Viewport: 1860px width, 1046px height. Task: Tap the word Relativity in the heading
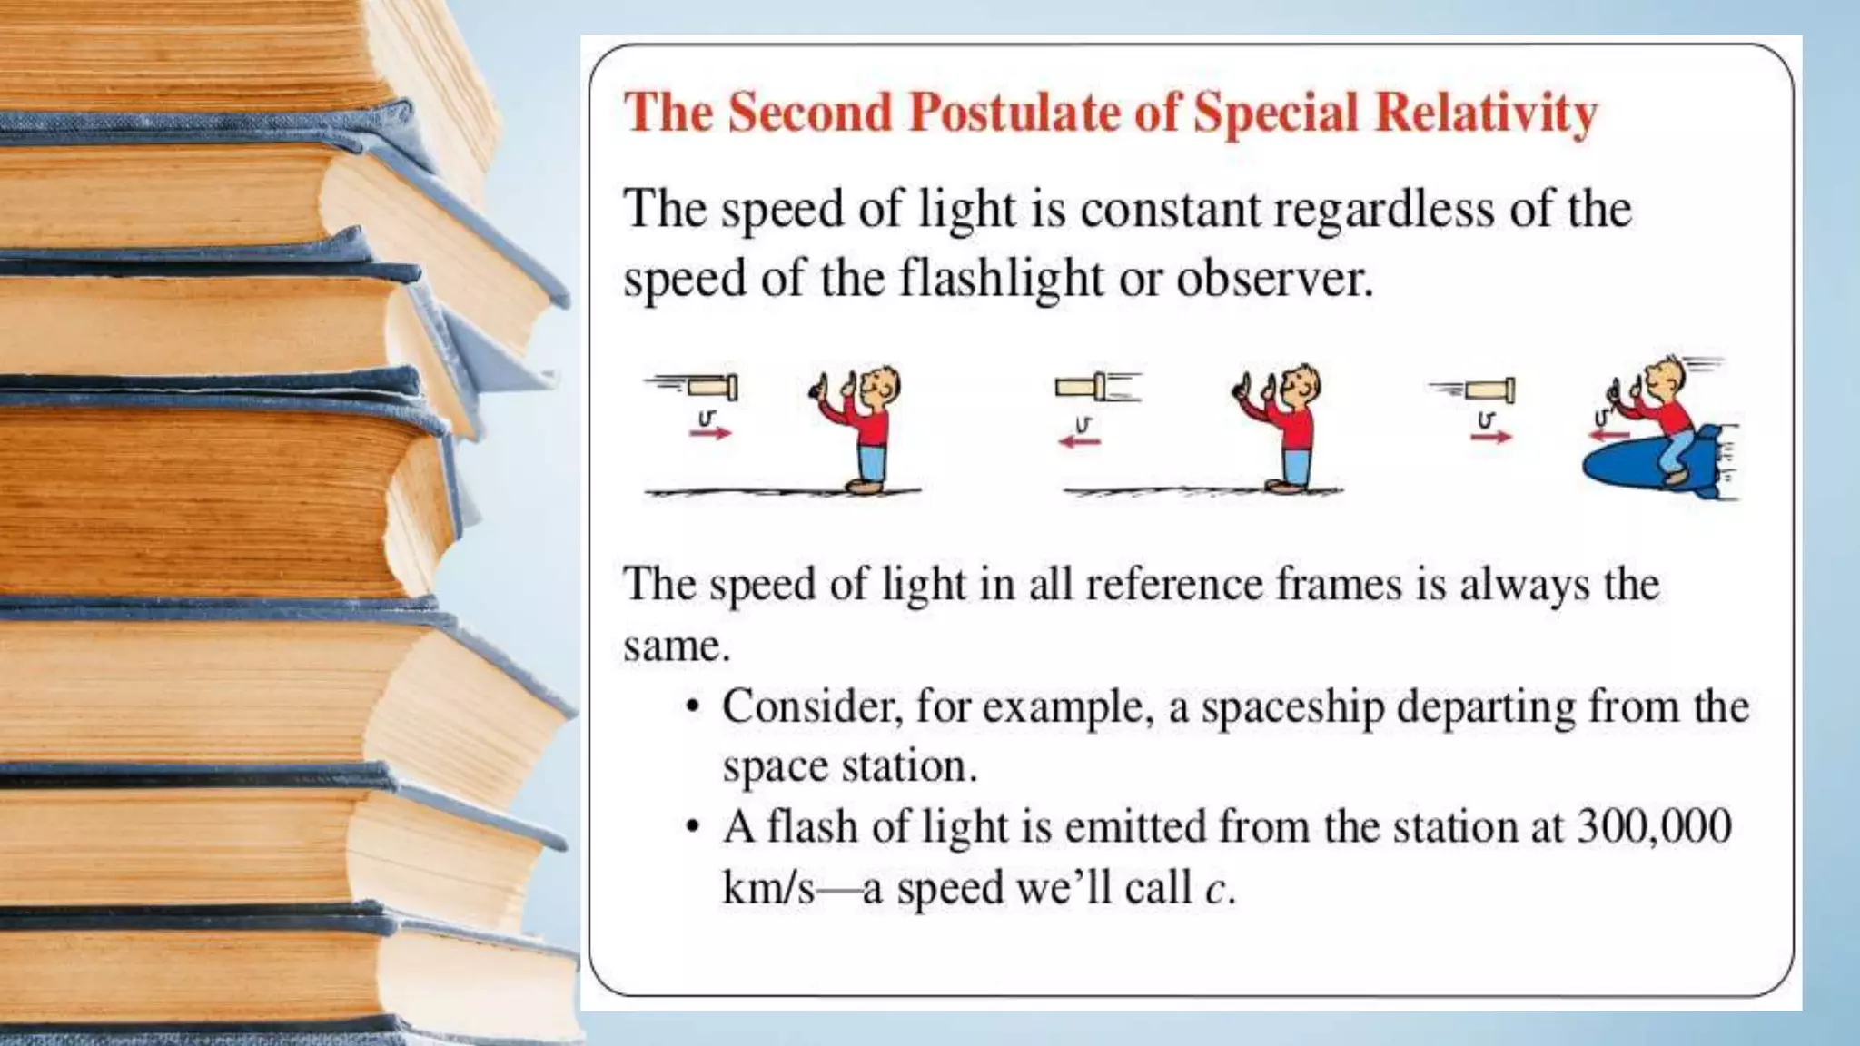click(x=1486, y=114)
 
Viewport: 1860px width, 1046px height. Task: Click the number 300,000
click(x=1654, y=826)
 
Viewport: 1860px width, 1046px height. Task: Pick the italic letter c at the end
click(x=1215, y=888)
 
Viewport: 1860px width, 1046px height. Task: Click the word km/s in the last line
click(x=767, y=887)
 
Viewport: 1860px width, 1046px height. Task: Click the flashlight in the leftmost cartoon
click(x=712, y=388)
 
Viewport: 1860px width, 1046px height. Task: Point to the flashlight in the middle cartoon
click(x=1081, y=388)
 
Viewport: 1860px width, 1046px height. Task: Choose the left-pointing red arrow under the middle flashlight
click(x=1079, y=441)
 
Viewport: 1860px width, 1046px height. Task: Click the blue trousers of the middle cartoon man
click(x=1297, y=462)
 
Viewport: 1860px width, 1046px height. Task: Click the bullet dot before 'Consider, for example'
click(x=694, y=707)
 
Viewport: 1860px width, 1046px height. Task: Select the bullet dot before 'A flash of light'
click(x=694, y=827)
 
